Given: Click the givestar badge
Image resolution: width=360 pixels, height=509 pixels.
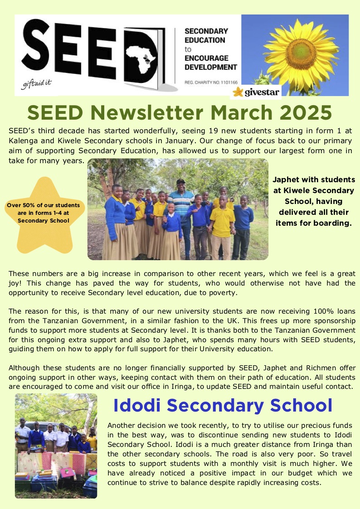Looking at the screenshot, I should point(256,92).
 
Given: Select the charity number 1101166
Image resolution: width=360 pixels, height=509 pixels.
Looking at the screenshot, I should point(226,82).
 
